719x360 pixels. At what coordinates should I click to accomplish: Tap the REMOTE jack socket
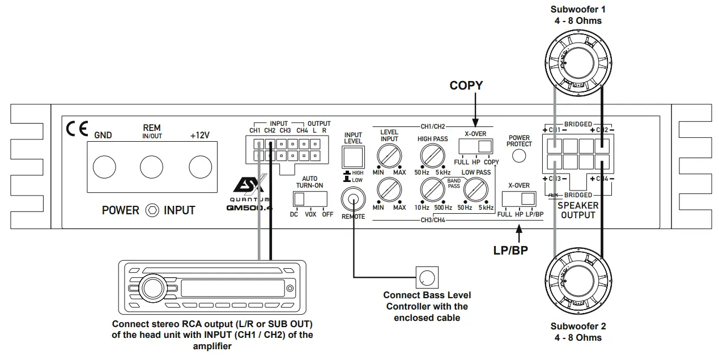tap(354, 201)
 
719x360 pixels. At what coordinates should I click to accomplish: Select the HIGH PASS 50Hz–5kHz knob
tap(433, 154)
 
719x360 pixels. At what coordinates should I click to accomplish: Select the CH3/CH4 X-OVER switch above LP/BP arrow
tap(519, 198)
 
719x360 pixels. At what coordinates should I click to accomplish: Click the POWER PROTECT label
tap(519, 141)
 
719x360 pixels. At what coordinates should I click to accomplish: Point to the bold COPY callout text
tap(466, 86)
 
